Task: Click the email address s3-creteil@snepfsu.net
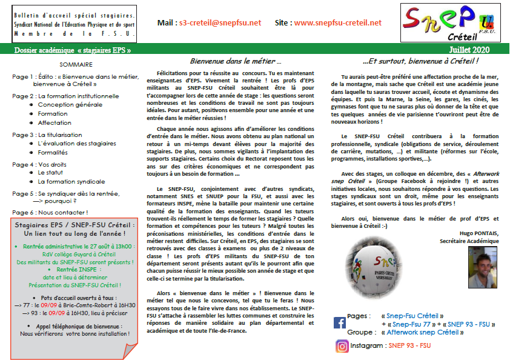(x=220, y=22)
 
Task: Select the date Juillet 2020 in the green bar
(x=470, y=50)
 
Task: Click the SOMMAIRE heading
(x=76, y=64)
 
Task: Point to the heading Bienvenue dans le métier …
(x=236, y=62)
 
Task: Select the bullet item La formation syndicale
(x=71, y=181)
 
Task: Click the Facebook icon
(x=340, y=322)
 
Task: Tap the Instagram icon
(x=342, y=346)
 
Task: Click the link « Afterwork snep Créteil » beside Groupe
(x=423, y=332)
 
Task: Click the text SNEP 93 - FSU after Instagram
(x=409, y=345)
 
